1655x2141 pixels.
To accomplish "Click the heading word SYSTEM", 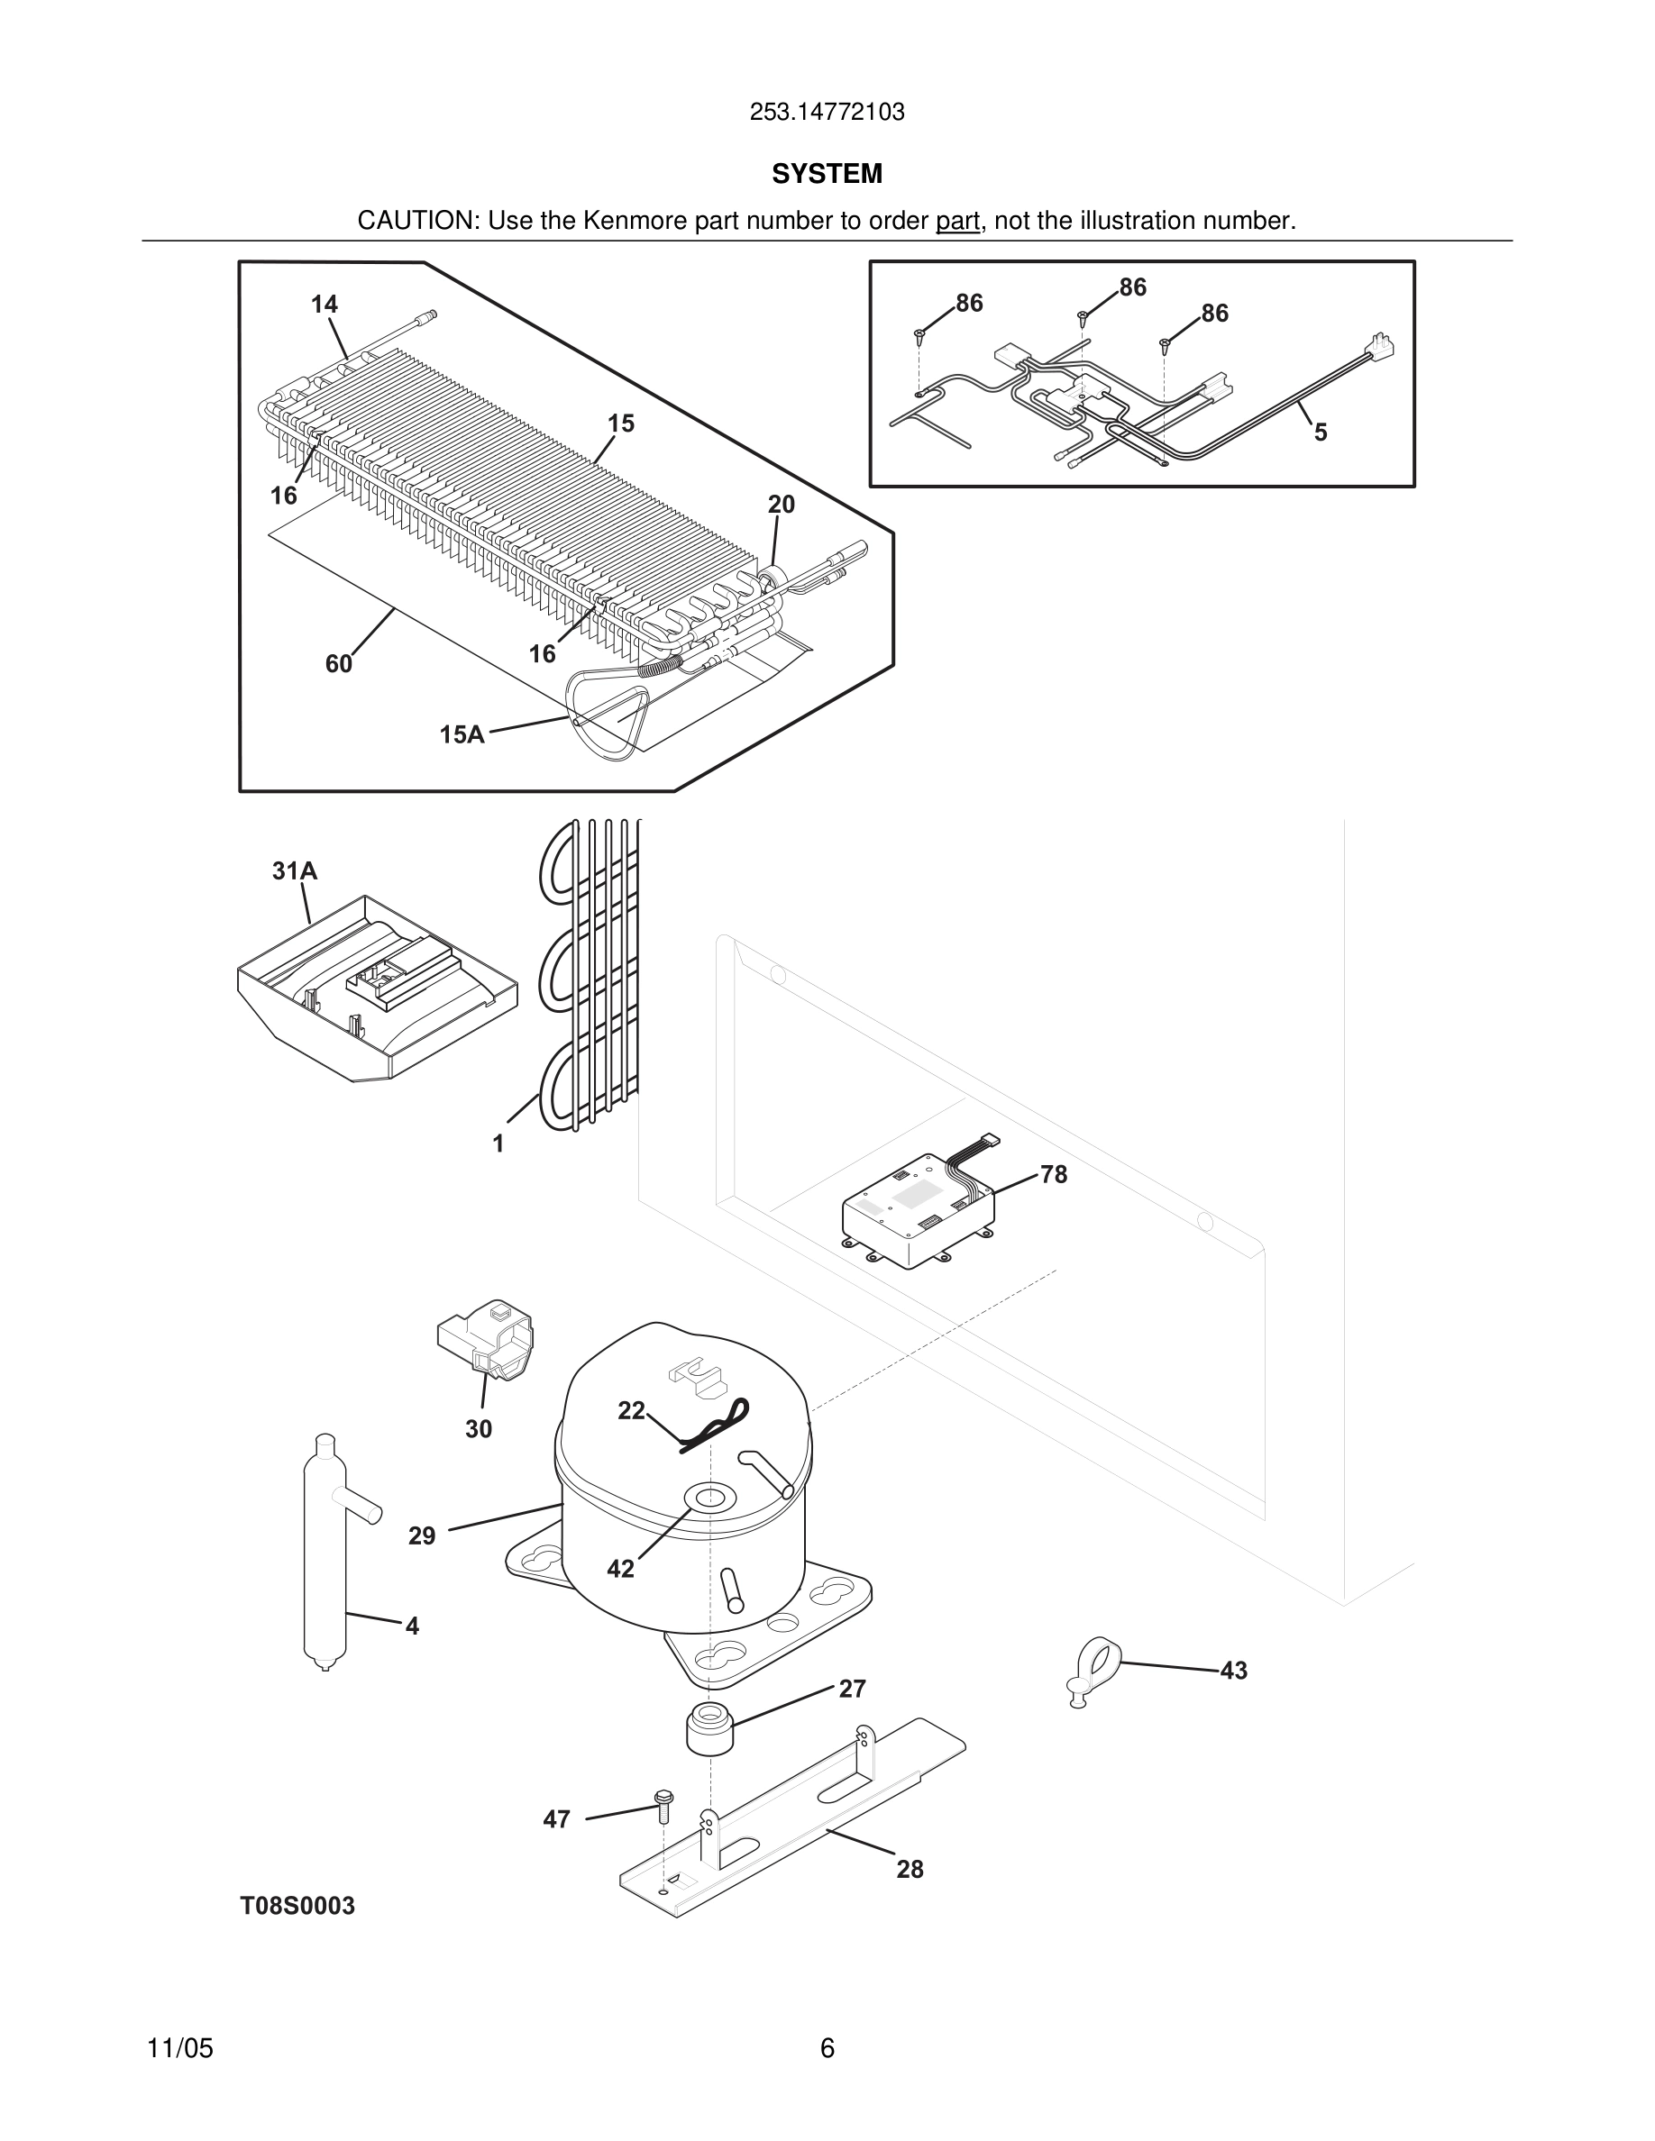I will pyautogui.click(x=827, y=174).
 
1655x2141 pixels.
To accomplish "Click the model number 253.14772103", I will pyautogui.click(x=827, y=113).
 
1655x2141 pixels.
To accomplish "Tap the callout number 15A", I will pyautogui.click(x=462, y=734).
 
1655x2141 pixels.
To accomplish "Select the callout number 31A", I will pyautogui.click(x=294, y=870).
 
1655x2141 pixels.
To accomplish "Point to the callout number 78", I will pyautogui.click(x=1054, y=1173).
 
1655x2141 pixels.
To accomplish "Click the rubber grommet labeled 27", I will pyautogui.click(x=708, y=1730).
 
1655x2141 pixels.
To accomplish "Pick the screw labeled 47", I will pyautogui.click(x=663, y=1803).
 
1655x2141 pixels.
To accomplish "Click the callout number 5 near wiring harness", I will pyautogui.click(x=1320, y=433).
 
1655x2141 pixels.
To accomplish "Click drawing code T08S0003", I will pyautogui.click(x=298, y=1906).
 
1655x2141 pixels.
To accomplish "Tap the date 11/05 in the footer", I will pyautogui.click(x=179, y=2048).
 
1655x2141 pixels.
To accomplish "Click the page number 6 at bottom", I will pyautogui.click(x=827, y=2048).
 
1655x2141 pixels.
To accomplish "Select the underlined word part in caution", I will pyautogui.click(x=957, y=222).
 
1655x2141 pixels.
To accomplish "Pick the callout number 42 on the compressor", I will pyautogui.click(x=620, y=1569).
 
